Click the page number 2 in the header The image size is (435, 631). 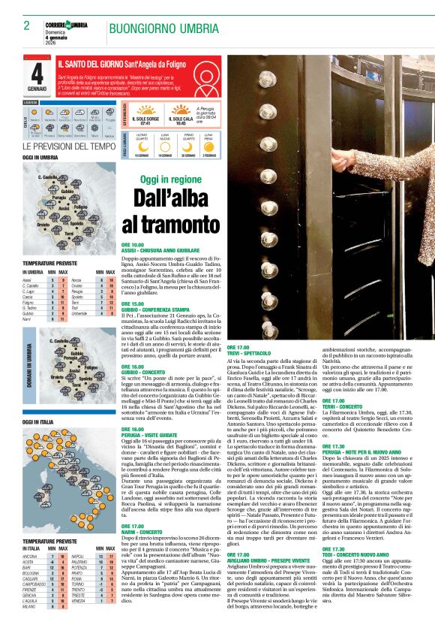point(26,26)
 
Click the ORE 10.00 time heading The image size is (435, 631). point(132,244)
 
